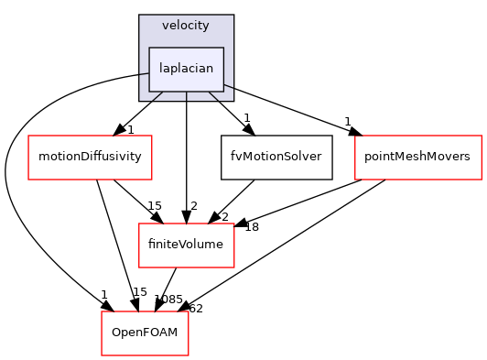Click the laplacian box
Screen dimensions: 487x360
click(186, 70)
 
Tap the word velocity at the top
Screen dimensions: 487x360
click(186, 25)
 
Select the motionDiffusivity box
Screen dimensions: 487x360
click(90, 158)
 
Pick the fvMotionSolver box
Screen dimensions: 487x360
click(276, 158)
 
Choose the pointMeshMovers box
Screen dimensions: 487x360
click(418, 158)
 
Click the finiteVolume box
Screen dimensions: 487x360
click(186, 245)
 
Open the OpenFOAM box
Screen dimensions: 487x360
click(145, 333)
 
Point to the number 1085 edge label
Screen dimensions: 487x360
click(168, 300)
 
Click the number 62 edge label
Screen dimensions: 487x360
click(196, 309)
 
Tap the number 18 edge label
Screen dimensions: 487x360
click(252, 227)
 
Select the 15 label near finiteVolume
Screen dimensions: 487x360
click(155, 206)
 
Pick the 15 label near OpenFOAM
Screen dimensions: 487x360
click(140, 292)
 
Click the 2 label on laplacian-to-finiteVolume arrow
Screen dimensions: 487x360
click(194, 206)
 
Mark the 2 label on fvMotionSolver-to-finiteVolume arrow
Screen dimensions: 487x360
click(225, 217)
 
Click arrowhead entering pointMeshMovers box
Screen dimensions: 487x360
click(355, 132)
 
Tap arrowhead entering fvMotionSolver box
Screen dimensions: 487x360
click(249, 130)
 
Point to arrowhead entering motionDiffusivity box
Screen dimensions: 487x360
click(119, 130)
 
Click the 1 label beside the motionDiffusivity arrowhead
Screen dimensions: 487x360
click(131, 130)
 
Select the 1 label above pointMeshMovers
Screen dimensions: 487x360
click(348, 122)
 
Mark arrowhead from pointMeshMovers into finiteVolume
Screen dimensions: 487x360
click(240, 223)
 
